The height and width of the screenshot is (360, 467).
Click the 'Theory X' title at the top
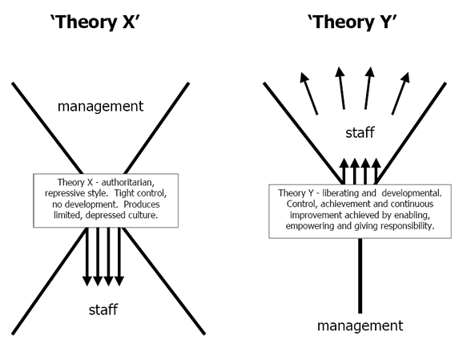(94, 22)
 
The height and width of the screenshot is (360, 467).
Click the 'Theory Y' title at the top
(352, 22)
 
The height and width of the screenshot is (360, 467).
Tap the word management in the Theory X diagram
(100, 107)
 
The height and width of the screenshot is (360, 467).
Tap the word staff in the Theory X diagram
(103, 309)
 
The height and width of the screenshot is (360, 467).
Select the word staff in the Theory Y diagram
(360, 132)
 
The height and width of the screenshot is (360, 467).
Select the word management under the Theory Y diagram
(360, 326)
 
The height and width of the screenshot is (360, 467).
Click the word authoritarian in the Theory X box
(128, 182)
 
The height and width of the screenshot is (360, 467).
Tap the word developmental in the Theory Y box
(412, 193)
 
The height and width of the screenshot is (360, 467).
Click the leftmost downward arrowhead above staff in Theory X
(87, 281)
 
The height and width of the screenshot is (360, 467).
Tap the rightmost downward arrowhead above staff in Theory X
(119, 281)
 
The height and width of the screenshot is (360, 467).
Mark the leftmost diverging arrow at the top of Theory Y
(309, 93)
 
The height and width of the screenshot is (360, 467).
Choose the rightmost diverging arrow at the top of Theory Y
(401, 93)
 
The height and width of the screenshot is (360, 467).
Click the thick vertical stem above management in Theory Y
(360, 276)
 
